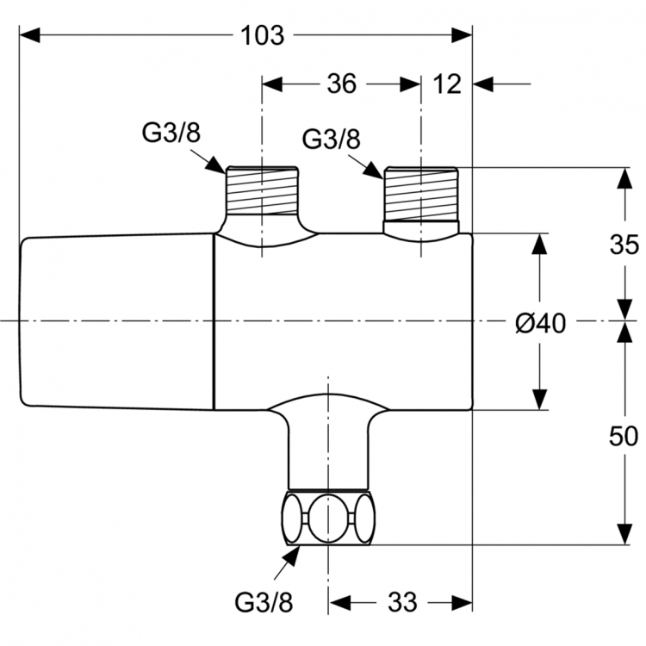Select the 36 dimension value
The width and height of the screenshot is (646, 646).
pyautogui.click(x=341, y=84)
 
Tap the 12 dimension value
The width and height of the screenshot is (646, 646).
pyautogui.click(x=449, y=84)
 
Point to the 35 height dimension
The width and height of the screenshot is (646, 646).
pyautogui.click(x=624, y=244)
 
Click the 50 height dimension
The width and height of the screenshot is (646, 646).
pyautogui.click(x=624, y=435)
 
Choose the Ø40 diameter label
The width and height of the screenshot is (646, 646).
pyautogui.click(x=540, y=324)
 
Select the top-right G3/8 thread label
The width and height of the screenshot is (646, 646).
pyautogui.click(x=332, y=140)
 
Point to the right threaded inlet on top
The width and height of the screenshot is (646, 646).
pyautogui.click(x=421, y=195)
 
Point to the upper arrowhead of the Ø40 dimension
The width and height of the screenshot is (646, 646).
pyautogui.click(x=539, y=245)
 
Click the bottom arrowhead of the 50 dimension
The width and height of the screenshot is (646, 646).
pyautogui.click(x=624, y=533)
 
